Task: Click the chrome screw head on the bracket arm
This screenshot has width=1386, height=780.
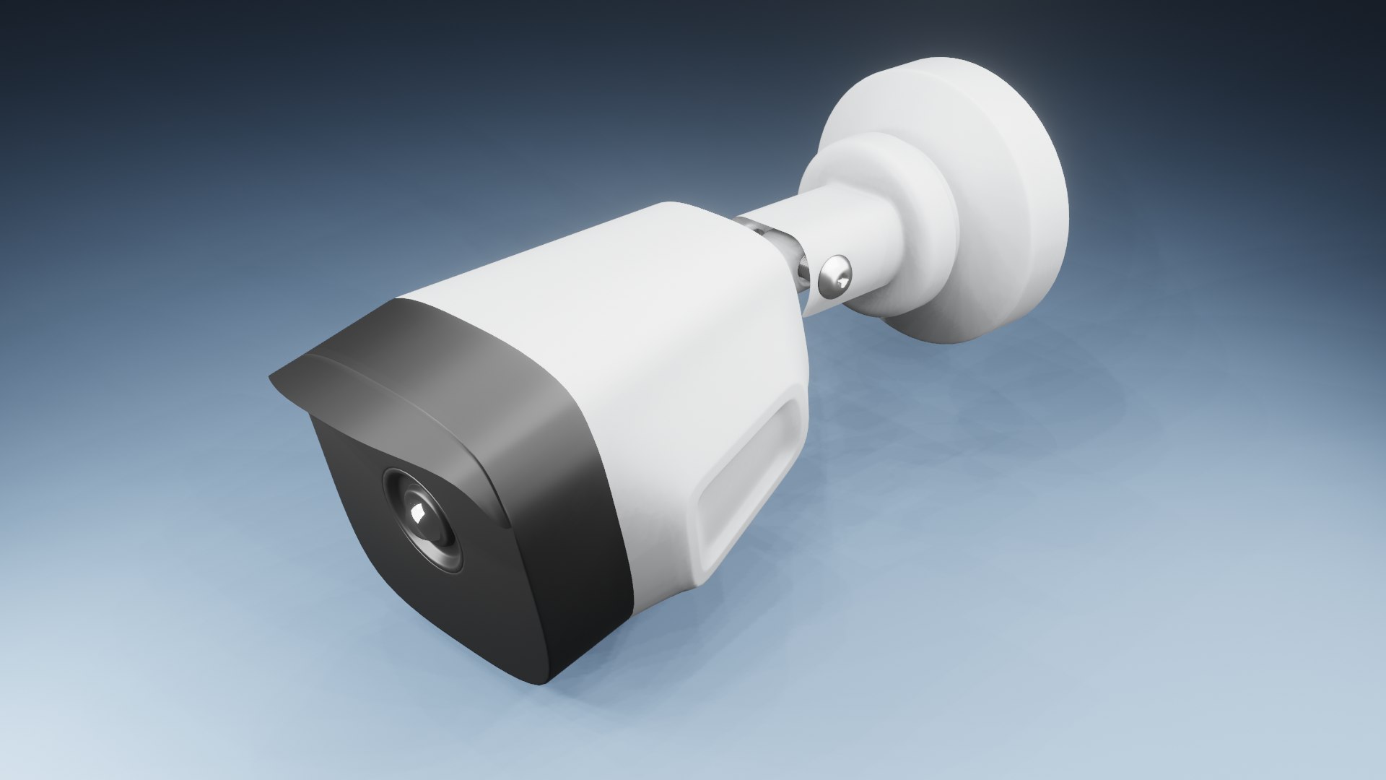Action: [x=835, y=278]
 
